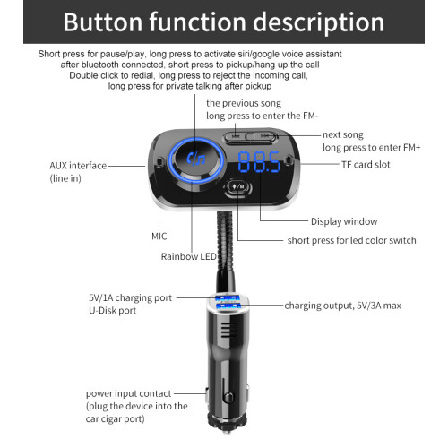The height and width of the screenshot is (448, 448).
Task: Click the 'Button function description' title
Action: coord(224,22)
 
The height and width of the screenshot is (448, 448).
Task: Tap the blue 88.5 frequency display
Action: coord(259,162)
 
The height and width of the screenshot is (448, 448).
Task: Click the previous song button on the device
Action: coord(236,137)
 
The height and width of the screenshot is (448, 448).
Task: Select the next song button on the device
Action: coord(264,137)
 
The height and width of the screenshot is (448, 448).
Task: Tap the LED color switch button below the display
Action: coord(238,187)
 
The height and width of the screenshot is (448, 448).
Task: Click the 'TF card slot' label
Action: coord(366,165)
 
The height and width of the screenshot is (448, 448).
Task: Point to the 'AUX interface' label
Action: coord(78,166)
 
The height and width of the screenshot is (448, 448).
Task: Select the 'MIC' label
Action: coord(159,237)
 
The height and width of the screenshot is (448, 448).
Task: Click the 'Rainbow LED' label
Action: coord(188,256)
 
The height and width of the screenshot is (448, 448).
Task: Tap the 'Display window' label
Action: coord(344,221)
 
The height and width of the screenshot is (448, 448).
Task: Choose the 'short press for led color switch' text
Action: coord(351,240)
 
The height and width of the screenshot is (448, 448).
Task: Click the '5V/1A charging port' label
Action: coord(130,297)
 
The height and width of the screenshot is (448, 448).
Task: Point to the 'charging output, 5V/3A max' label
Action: coord(342,306)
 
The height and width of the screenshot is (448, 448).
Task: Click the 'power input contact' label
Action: coord(128,393)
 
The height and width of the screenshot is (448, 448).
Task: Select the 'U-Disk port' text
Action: coord(112,311)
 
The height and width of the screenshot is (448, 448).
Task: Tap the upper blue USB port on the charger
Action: coord(227,298)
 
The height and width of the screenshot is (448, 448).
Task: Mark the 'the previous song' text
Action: coord(244,103)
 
